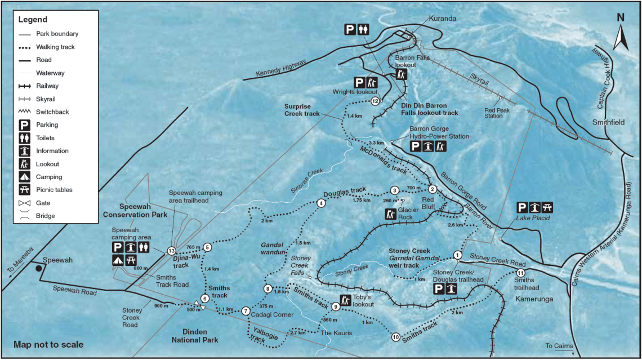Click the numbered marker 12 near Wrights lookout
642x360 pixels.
(x=376, y=101)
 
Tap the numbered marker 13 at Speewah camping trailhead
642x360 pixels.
(x=171, y=251)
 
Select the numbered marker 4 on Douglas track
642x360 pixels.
(x=321, y=203)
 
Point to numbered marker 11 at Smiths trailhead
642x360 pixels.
(x=518, y=273)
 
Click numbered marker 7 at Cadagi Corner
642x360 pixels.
(x=246, y=311)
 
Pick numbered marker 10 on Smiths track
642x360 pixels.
(x=395, y=337)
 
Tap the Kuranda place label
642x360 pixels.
(x=442, y=18)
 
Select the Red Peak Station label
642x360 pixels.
(x=497, y=113)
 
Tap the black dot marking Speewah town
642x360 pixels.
(x=39, y=269)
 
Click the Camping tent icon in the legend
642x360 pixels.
(x=25, y=177)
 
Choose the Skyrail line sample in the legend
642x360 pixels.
(x=25, y=99)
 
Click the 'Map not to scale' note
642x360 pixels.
(x=48, y=345)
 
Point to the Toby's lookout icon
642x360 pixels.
(x=344, y=299)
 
